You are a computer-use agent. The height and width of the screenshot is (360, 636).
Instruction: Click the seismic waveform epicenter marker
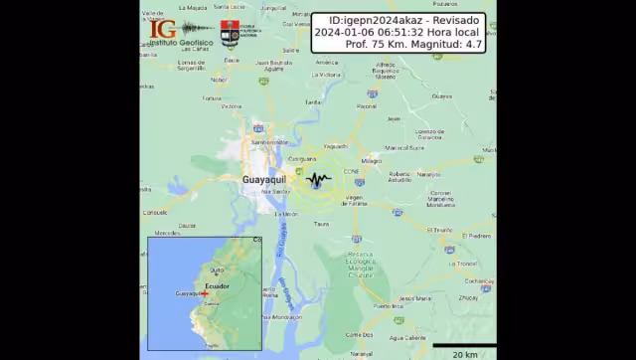(x=319, y=180)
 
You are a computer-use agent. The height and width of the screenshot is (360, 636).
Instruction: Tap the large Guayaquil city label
(x=263, y=180)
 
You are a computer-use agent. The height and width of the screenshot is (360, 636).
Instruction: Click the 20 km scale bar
(x=463, y=345)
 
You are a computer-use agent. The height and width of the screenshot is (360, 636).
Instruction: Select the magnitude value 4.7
(x=473, y=44)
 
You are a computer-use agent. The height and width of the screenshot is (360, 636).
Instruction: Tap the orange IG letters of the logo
(x=162, y=30)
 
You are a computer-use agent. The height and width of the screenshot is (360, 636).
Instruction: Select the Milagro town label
(x=372, y=160)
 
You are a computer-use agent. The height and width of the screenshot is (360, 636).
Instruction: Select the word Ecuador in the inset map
(x=217, y=286)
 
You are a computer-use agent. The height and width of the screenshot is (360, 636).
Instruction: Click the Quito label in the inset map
(x=217, y=270)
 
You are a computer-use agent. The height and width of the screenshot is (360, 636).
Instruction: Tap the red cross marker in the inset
(x=204, y=293)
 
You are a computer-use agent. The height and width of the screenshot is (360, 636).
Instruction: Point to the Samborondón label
(x=268, y=142)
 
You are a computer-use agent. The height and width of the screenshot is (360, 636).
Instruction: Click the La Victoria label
(x=326, y=75)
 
